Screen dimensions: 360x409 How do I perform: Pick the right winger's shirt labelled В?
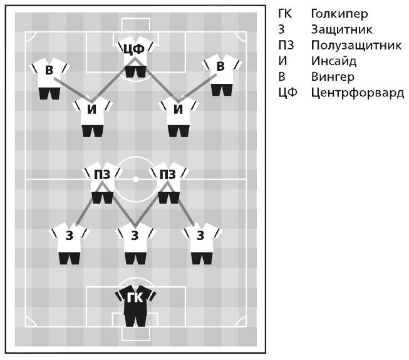pos(221,68)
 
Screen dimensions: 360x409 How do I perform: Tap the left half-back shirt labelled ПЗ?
pos(102,176)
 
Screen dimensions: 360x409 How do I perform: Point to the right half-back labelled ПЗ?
pos(168,176)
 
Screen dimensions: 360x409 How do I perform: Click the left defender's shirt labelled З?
pos(70,236)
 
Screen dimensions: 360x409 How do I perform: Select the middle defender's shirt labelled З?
pos(135,236)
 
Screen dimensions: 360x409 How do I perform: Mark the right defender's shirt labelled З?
pos(200,236)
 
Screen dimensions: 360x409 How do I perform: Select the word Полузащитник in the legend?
pos(356,45)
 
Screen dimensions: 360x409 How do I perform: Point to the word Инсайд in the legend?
pos(333,61)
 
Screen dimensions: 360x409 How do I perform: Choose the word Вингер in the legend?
pos(332,77)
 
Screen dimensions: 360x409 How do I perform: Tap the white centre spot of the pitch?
pos(135,180)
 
